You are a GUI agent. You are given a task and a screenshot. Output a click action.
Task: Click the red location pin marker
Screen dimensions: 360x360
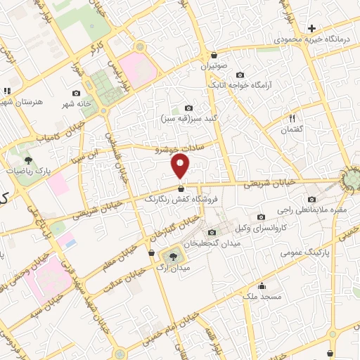181,166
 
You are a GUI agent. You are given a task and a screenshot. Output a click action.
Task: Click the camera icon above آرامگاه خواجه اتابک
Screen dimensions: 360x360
240,75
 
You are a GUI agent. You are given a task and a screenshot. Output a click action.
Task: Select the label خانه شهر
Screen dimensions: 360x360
76,103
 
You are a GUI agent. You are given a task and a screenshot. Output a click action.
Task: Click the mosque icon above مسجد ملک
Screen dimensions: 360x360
262,285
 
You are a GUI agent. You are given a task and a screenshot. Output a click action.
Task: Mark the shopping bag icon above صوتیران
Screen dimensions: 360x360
214,56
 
